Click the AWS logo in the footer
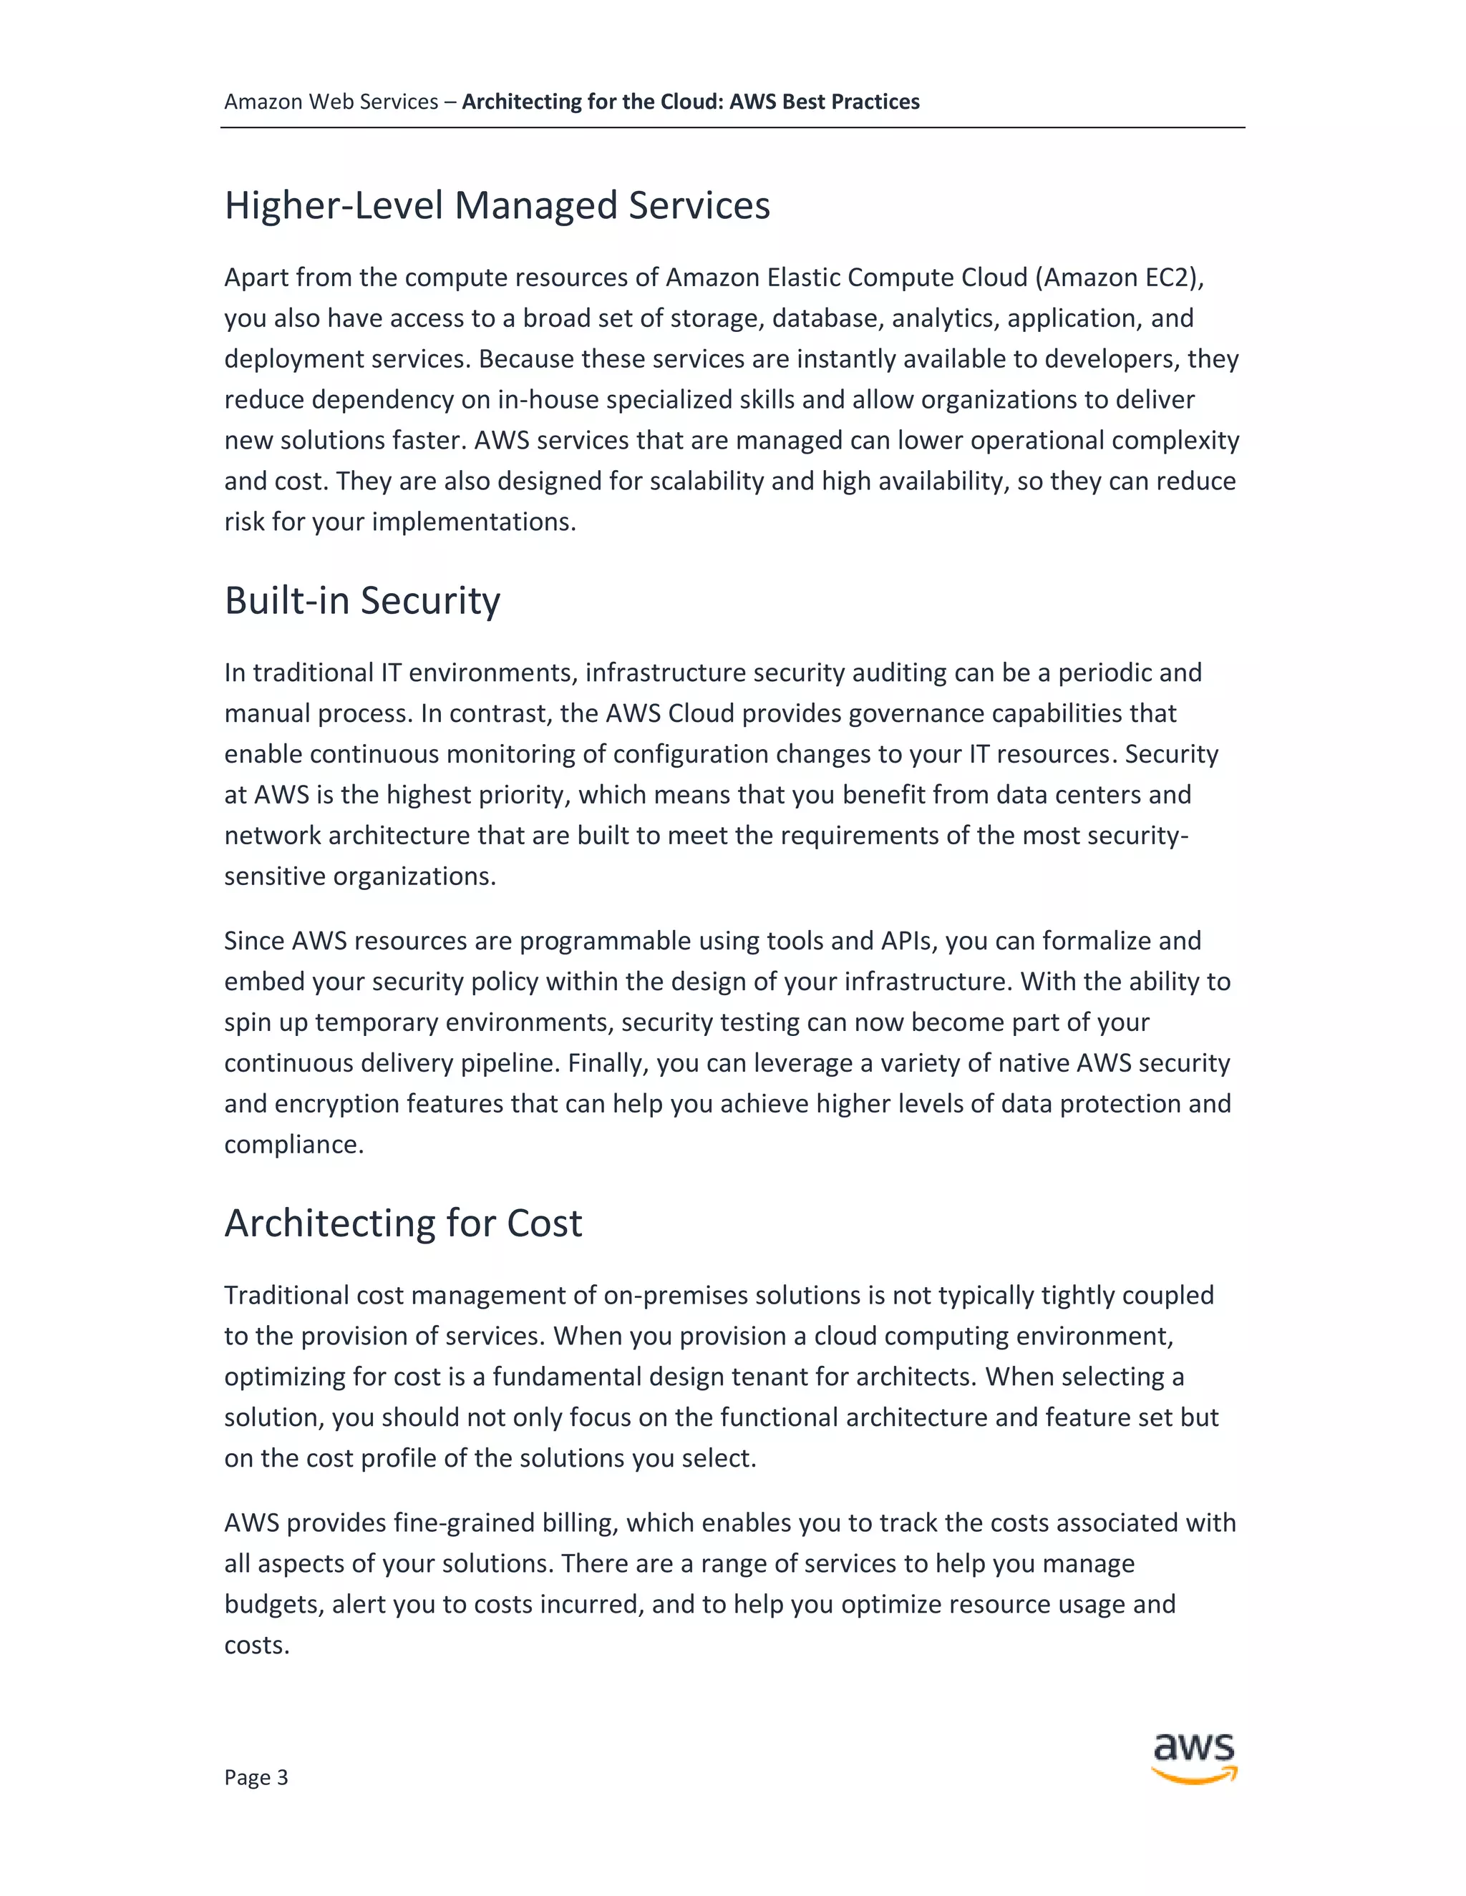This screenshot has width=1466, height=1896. [1194, 1758]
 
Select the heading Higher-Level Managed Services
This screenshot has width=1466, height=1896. [497, 206]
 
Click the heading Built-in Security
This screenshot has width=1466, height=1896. [362, 601]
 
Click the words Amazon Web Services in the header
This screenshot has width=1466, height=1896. [331, 102]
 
